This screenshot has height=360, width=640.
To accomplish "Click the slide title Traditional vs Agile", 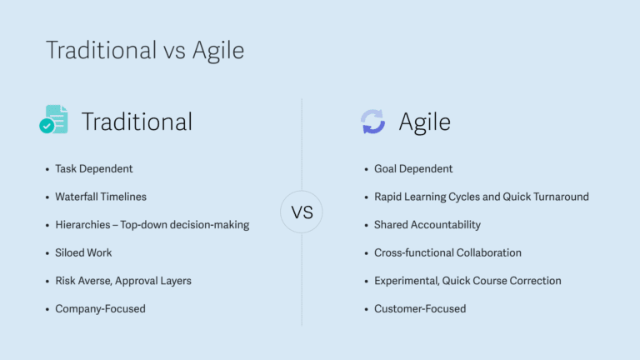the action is point(145,51).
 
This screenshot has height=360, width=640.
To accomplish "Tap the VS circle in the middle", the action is point(302,212).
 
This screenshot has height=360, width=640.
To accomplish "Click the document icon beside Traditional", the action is point(54,119).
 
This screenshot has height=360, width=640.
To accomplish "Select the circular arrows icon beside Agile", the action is point(372,121).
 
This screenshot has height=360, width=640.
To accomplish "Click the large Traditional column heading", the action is point(137,122).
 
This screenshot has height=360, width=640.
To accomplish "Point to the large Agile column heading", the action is point(424,122).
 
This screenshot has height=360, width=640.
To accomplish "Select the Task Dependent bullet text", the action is point(94,169).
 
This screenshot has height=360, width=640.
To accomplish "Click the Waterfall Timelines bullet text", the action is point(101,197).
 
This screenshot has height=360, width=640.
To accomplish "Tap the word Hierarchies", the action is point(82,225).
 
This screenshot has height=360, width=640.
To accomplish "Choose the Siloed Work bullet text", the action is point(83,252).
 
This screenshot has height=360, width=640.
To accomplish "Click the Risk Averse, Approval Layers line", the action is point(123,281).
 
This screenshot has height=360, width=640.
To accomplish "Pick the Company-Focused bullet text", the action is point(100,309).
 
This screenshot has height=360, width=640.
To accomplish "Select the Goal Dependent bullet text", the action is point(413,169).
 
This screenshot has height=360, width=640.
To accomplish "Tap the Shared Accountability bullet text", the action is point(427,225).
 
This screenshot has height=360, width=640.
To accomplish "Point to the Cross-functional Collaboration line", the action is point(447,252).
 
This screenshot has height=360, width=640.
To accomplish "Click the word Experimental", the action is point(407,281).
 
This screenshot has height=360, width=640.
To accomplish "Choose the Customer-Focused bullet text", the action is point(420,309).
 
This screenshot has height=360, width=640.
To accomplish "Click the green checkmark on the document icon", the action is point(47,126).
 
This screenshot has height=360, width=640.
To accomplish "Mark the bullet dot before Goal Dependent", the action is point(366,169).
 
